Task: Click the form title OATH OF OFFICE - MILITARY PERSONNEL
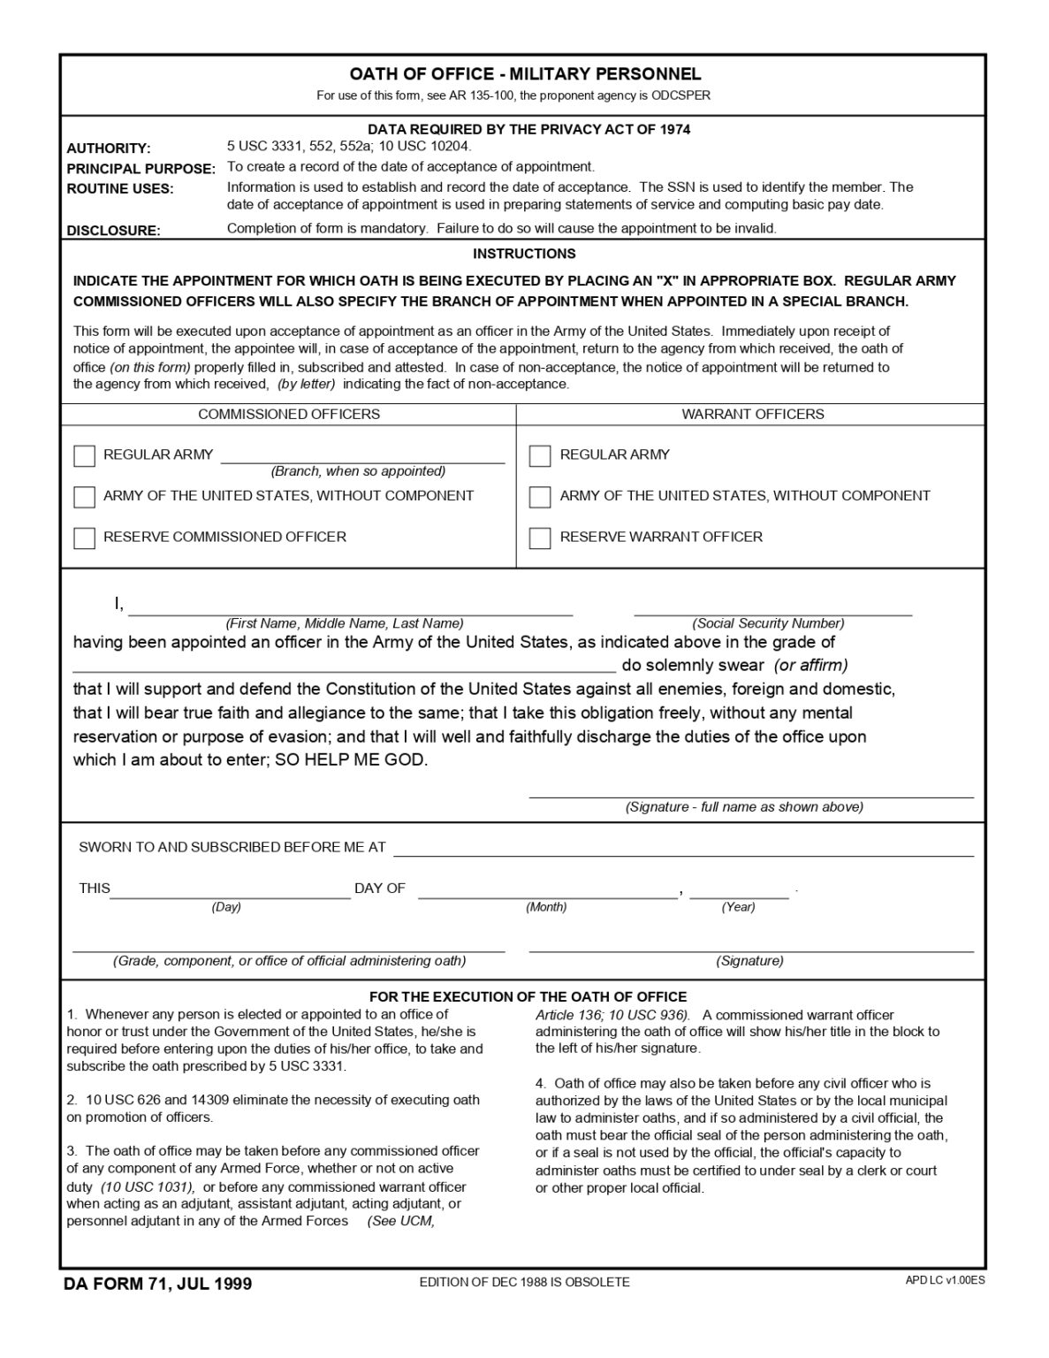point(525,74)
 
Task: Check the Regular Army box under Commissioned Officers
point(84,455)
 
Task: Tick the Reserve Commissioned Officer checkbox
point(84,538)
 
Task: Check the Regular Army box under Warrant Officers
point(540,455)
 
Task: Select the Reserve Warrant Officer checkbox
point(540,538)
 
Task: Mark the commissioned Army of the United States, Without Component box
point(84,497)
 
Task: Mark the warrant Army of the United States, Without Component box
point(540,497)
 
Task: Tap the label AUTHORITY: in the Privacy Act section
point(109,149)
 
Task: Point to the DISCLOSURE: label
point(113,231)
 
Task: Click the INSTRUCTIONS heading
point(524,254)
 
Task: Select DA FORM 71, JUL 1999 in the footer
point(157,1283)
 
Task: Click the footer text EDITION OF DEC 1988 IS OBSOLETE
point(524,1282)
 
